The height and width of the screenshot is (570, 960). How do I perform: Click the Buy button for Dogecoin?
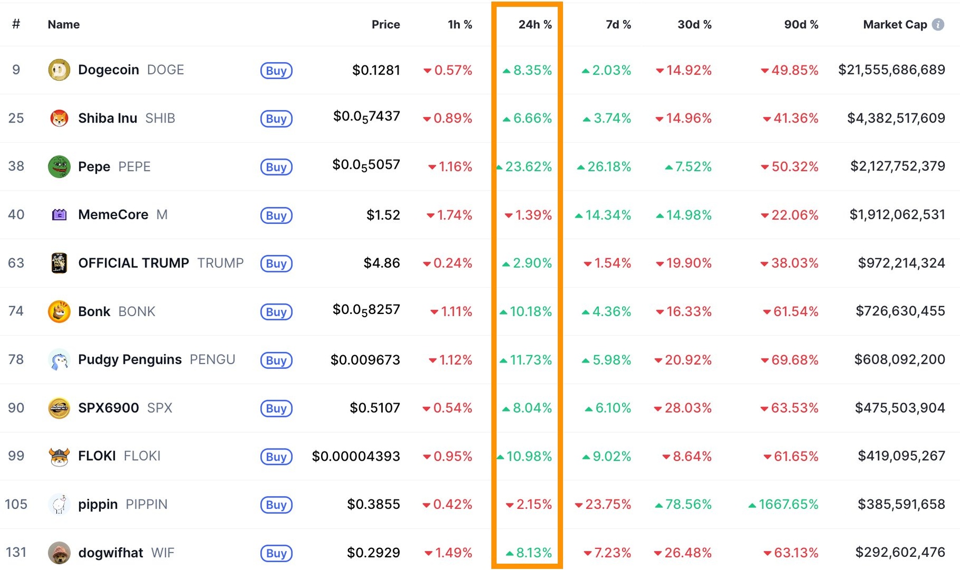tap(276, 71)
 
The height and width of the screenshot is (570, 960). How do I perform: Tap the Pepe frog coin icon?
tap(59, 167)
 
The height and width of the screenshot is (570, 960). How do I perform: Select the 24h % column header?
tap(534, 24)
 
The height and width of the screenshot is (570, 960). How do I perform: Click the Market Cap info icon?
tap(938, 24)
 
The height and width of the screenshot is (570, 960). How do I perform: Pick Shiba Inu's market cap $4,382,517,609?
tap(896, 118)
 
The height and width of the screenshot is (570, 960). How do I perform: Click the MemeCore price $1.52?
tap(383, 215)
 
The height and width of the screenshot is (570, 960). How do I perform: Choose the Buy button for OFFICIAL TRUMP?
tap(276, 263)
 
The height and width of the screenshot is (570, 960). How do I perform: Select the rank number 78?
tap(16, 360)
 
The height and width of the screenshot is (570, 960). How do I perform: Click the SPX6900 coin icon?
tap(59, 408)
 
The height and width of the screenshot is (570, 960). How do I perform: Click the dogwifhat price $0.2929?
tap(373, 553)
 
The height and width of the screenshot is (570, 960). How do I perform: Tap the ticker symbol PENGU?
tap(212, 360)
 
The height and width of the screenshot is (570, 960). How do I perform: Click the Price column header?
tap(385, 24)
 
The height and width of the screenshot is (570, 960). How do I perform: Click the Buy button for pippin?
tap(276, 505)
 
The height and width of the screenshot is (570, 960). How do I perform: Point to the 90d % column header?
tap(801, 24)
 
